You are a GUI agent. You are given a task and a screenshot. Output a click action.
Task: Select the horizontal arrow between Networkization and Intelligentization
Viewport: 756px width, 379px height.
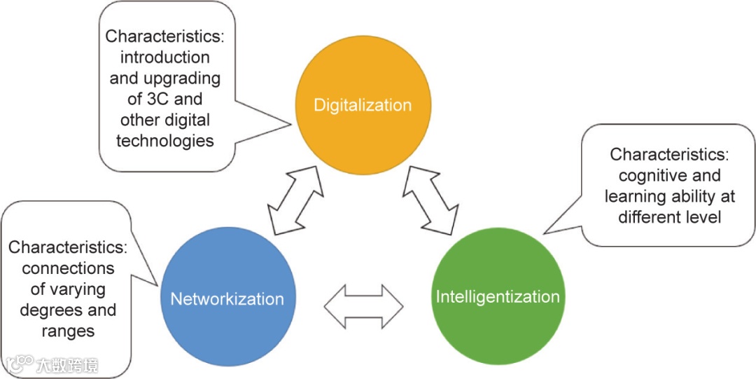click(364, 306)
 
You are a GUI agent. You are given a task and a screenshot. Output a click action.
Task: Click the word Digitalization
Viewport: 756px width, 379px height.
click(363, 106)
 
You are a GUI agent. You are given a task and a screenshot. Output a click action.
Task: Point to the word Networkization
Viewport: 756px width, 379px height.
click(227, 299)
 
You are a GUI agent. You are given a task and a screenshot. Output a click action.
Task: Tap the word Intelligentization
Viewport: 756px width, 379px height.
click(498, 296)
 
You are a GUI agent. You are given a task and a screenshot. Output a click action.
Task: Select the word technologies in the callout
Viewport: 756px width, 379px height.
click(164, 141)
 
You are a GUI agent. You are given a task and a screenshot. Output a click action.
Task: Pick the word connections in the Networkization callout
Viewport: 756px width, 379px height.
click(68, 268)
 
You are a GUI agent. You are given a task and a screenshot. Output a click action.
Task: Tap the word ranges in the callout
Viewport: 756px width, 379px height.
click(68, 331)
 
